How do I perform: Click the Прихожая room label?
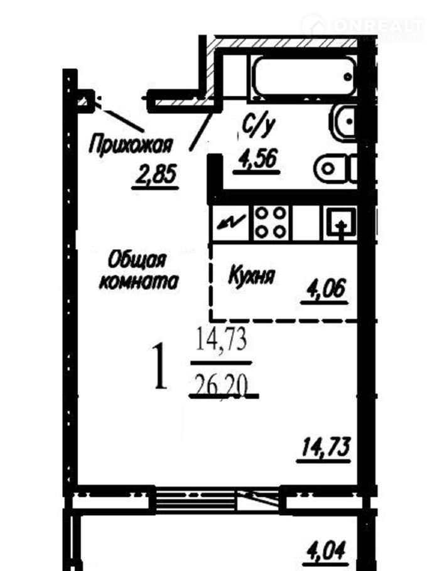click(130, 144)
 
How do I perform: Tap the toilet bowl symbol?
click(334, 169)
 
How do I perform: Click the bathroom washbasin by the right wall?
click(343, 121)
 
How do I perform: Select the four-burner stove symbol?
click(270, 222)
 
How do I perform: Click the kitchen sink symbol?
click(341, 223)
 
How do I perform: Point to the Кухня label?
click(251, 275)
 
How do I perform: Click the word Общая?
click(137, 260)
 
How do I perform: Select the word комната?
click(139, 281)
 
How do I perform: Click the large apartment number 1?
click(159, 366)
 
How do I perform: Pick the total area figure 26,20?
click(222, 386)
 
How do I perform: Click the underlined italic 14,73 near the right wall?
click(325, 447)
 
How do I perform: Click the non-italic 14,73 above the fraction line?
click(222, 339)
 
